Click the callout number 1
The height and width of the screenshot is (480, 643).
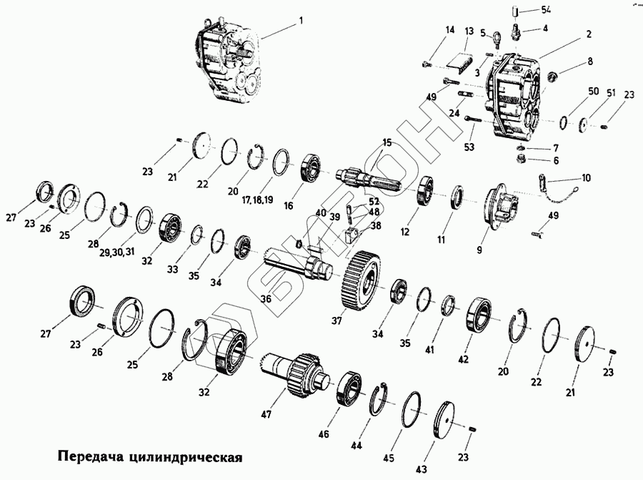301,21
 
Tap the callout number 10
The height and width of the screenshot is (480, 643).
587,177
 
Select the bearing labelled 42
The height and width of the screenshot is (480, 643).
481,315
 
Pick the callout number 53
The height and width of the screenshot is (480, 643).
469,147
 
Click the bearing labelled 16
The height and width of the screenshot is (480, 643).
313,166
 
